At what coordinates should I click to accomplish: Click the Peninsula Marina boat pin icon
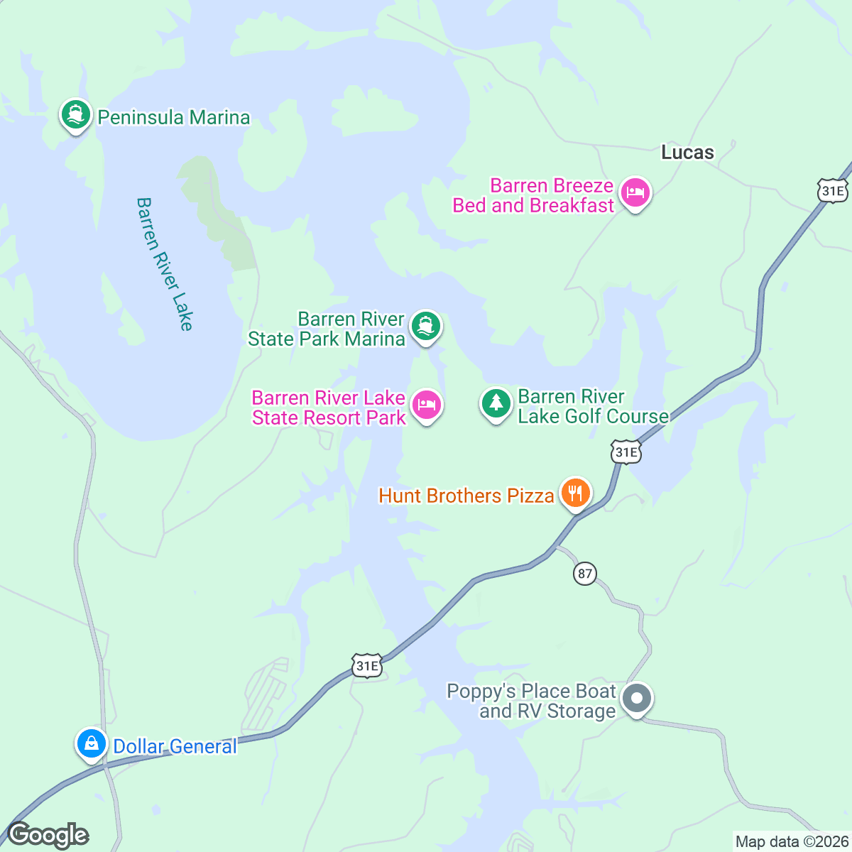pyautogui.click(x=76, y=115)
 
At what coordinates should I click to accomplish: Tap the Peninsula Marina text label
pyautogui.click(x=174, y=117)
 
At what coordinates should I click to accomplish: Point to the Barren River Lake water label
pyautogui.click(x=165, y=264)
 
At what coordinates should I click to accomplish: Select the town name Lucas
pyautogui.click(x=687, y=153)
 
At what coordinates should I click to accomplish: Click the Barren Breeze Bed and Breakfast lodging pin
pyautogui.click(x=635, y=192)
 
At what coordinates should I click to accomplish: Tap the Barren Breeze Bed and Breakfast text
pyautogui.click(x=533, y=195)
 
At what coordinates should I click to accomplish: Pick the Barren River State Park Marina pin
pyautogui.click(x=425, y=327)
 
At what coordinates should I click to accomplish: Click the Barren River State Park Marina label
pyautogui.click(x=327, y=329)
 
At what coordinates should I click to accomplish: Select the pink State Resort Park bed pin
pyautogui.click(x=426, y=405)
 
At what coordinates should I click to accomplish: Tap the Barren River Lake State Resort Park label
pyautogui.click(x=329, y=408)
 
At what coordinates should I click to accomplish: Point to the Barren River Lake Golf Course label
pyautogui.click(x=592, y=406)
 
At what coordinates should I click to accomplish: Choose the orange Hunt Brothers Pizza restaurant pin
pyautogui.click(x=575, y=493)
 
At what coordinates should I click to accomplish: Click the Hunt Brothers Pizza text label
pyautogui.click(x=466, y=496)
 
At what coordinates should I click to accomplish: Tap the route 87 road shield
pyautogui.click(x=584, y=574)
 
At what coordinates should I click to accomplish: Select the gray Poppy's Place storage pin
pyautogui.click(x=637, y=699)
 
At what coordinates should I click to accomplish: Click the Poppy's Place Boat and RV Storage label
pyautogui.click(x=531, y=701)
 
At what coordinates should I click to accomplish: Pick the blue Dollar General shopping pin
pyautogui.click(x=92, y=744)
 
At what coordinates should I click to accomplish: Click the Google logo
pyautogui.click(x=48, y=835)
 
